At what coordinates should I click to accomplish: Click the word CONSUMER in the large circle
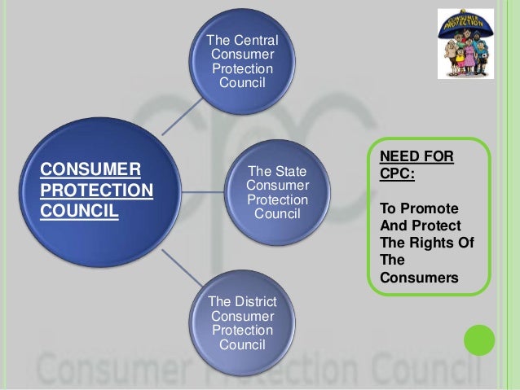(x=90, y=169)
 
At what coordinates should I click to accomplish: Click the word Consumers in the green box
(x=419, y=278)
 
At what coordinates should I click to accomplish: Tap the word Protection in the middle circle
(x=277, y=200)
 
